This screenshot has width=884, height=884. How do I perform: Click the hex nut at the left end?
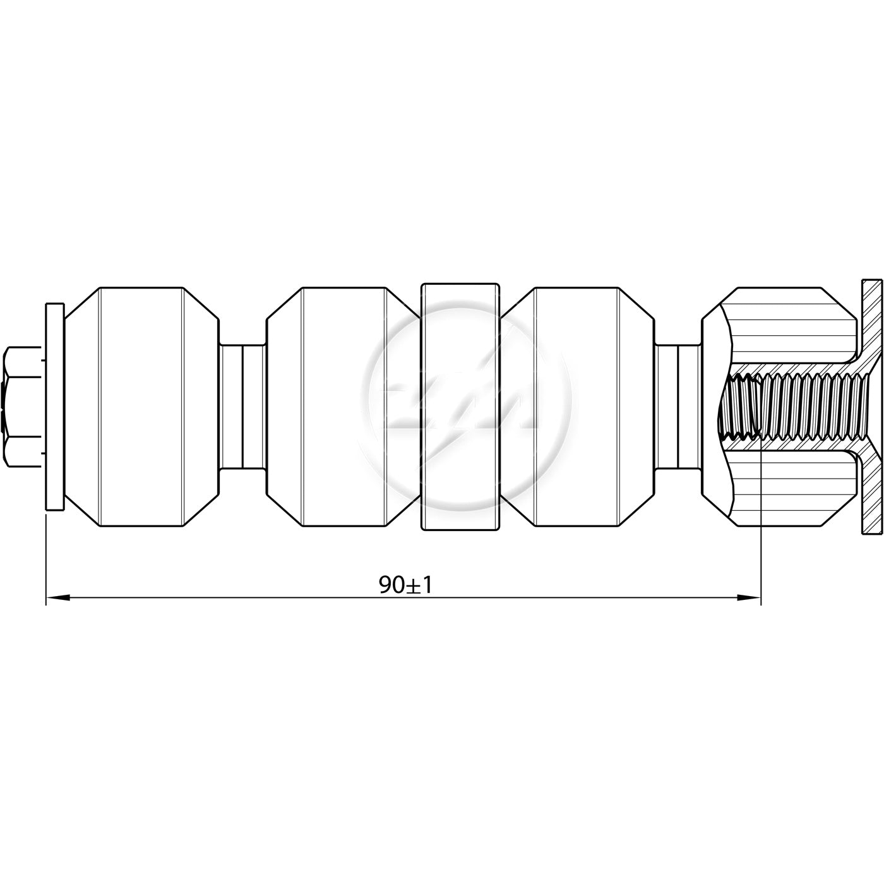tap(22, 406)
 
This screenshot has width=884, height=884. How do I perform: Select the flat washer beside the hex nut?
tap(55, 406)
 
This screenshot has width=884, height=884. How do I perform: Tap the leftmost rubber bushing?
tap(141, 407)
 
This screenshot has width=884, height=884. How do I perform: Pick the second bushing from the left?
tap(343, 407)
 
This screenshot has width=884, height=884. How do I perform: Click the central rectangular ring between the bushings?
tap(460, 407)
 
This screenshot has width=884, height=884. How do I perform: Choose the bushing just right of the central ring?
tap(578, 407)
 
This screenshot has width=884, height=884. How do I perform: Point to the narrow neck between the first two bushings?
tap(242, 407)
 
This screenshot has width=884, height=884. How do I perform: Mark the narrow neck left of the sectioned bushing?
tap(679, 407)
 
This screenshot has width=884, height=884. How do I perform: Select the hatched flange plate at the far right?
tap(871, 407)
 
